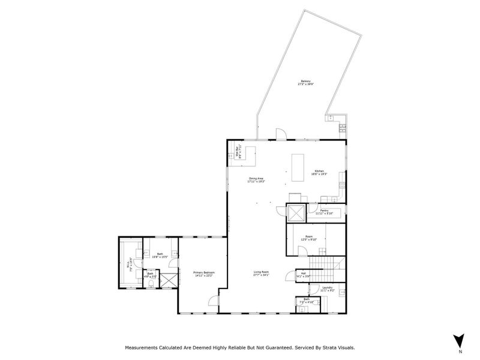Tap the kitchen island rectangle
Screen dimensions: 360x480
(x=298, y=168)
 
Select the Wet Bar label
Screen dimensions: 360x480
(x=238, y=153)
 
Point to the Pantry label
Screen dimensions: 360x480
(x=323, y=210)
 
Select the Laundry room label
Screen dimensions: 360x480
(x=327, y=287)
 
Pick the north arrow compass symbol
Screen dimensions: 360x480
(x=459, y=339)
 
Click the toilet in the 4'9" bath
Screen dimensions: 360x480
(x=140, y=275)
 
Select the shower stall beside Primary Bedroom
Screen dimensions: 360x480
(x=169, y=280)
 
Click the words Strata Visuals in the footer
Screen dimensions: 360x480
(x=335, y=347)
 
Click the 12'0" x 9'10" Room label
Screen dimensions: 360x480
(x=309, y=238)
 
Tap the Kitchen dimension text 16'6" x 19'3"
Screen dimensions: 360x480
(x=318, y=175)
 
